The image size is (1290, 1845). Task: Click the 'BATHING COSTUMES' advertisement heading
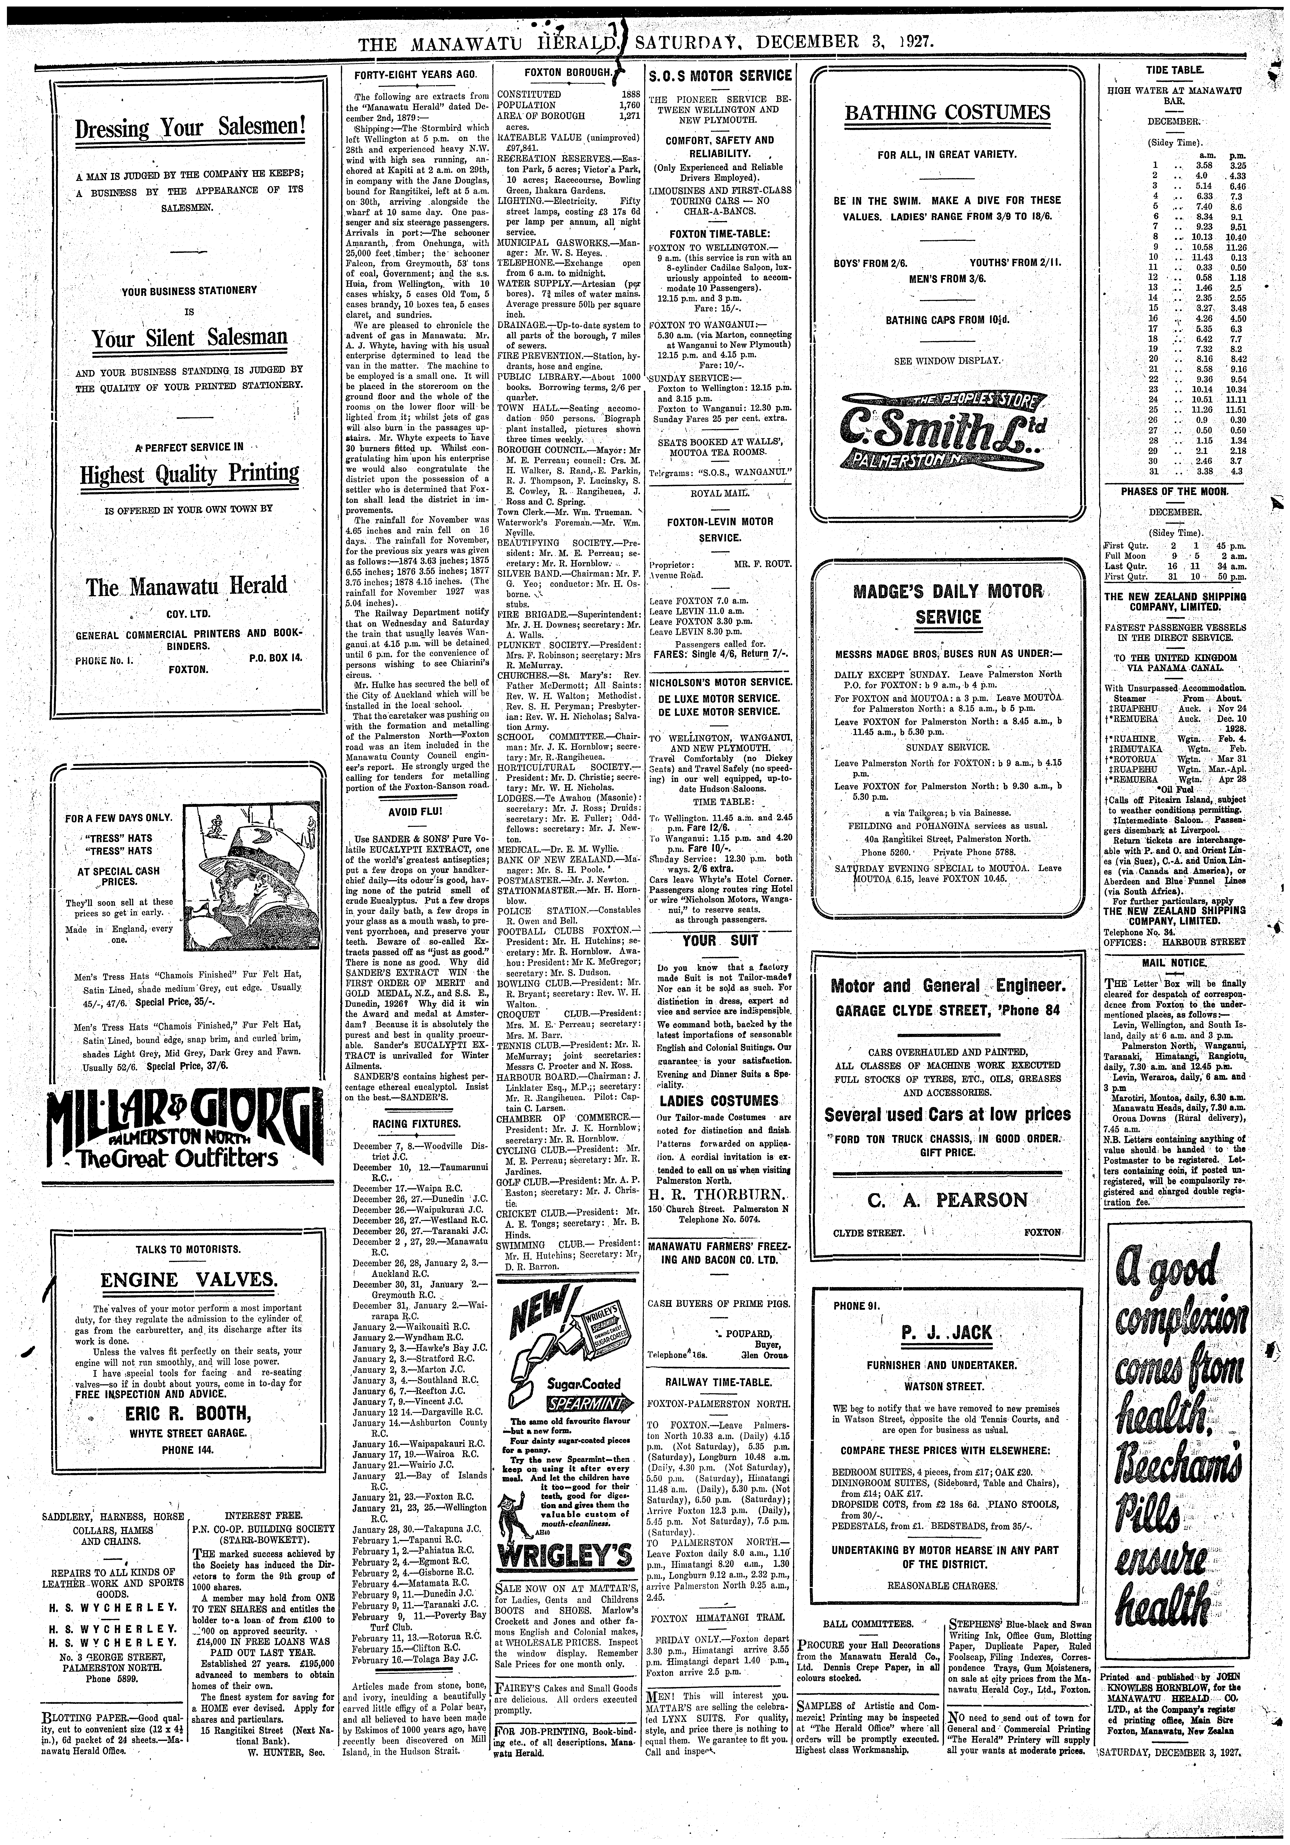[x=947, y=112]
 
